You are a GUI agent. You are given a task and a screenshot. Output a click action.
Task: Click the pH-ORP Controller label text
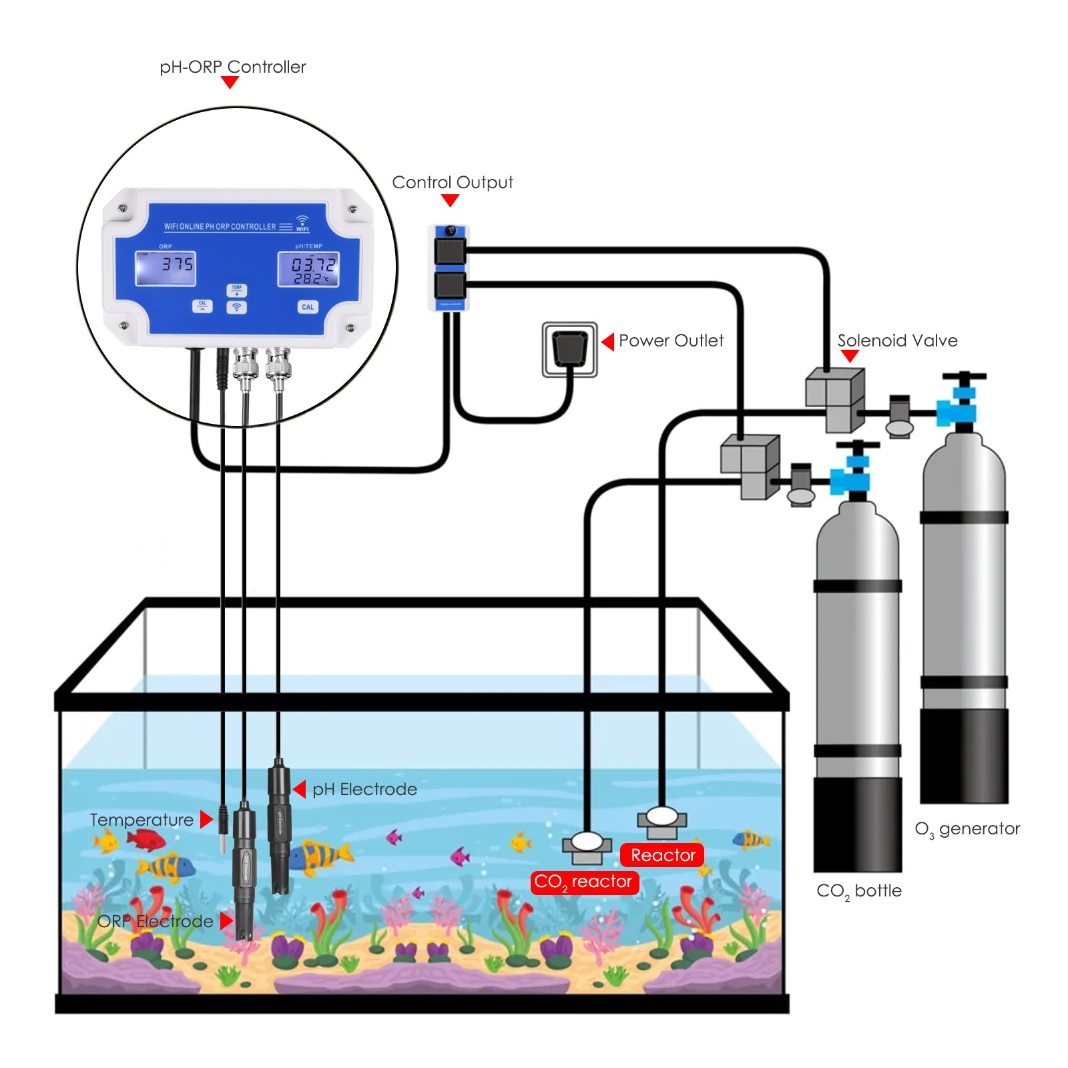pyautogui.click(x=232, y=67)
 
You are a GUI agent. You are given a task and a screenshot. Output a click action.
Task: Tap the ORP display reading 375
pyautogui.click(x=166, y=268)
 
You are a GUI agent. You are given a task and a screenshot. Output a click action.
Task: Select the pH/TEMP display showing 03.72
pyautogui.click(x=308, y=269)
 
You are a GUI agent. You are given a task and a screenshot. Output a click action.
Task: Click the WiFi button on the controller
pyautogui.click(x=236, y=307)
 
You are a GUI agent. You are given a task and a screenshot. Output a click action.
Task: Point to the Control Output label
pyautogui.click(x=452, y=182)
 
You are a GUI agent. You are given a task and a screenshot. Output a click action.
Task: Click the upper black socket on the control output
pyautogui.click(x=450, y=251)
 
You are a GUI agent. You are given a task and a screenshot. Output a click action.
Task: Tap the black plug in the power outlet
pyautogui.click(x=569, y=348)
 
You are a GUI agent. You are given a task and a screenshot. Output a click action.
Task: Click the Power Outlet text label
pyautogui.click(x=671, y=340)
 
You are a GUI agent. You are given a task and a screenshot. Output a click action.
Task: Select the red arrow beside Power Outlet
pyautogui.click(x=608, y=342)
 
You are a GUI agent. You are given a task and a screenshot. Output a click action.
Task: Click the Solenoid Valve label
pyautogui.click(x=897, y=340)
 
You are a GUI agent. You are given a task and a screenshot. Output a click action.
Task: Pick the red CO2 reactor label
pyautogui.click(x=584, y=882)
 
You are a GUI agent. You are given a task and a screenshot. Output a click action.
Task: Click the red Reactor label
pyautogui.click(x=662, y=855)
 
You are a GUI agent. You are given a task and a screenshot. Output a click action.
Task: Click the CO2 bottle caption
pyautogui.click(x=858, y=891)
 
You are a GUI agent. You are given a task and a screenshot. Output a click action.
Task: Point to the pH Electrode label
pyautogui.click(x=364, y=789)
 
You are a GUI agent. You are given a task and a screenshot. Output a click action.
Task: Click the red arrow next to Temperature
pyautogui.click(x=206, y=820)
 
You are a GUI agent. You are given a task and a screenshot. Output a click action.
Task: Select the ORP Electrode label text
pyautogui.click(x=155, y=921)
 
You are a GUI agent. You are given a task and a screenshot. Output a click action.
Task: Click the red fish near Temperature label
pyautogui.click(x=146, y=840)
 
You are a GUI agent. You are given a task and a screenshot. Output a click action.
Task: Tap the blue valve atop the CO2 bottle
pyautogui.click(x=850, y=478)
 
